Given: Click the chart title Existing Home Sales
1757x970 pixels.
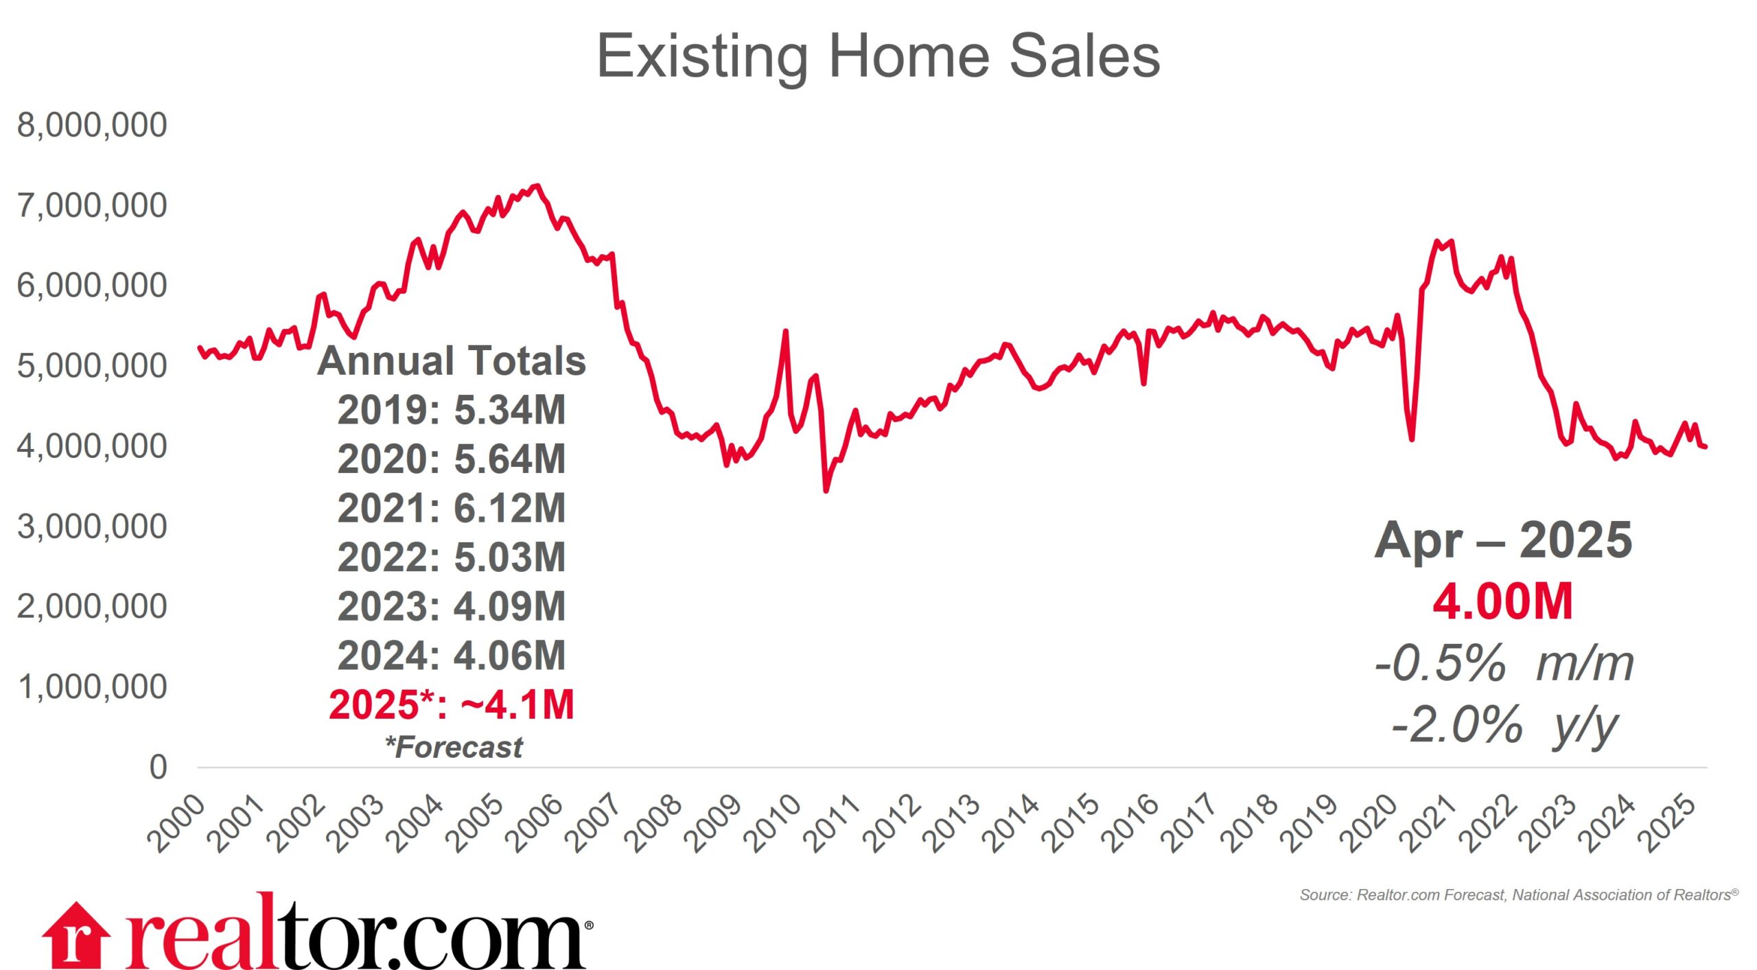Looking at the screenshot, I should coord(878,56).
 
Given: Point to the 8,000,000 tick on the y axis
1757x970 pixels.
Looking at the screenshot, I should coord(92,125).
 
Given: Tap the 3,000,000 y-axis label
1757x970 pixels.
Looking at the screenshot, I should coord(92,527).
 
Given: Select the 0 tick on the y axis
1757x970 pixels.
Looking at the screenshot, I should coord(158,767).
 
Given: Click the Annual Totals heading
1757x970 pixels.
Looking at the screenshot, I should coord(452,360).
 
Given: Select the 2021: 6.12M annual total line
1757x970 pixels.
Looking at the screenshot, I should coord(452,508).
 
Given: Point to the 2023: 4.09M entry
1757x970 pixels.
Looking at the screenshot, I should coord(452,606).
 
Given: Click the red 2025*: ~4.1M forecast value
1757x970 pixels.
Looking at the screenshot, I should coord(452,705).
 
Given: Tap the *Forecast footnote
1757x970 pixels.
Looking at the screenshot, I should coord(454,747).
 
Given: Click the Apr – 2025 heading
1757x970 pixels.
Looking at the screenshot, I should coord(1503,540).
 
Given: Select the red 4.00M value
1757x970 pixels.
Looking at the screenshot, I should coord(1503,602).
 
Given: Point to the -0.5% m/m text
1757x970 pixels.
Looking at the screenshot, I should coord(1504,663).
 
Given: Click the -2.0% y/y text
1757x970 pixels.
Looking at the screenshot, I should coord(1504,725).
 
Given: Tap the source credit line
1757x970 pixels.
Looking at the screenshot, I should coord(1518,894).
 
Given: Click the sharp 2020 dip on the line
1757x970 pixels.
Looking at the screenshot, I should coord(1412,439).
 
